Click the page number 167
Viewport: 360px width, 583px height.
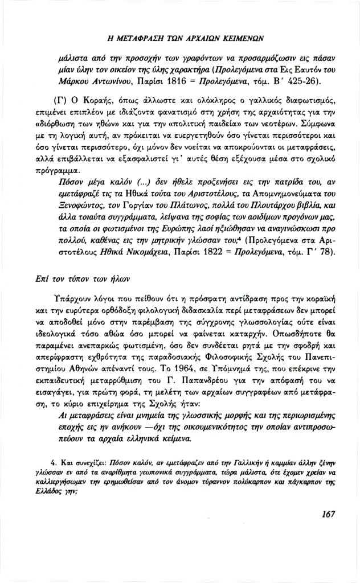pyautogui.click(x=328, y=515)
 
